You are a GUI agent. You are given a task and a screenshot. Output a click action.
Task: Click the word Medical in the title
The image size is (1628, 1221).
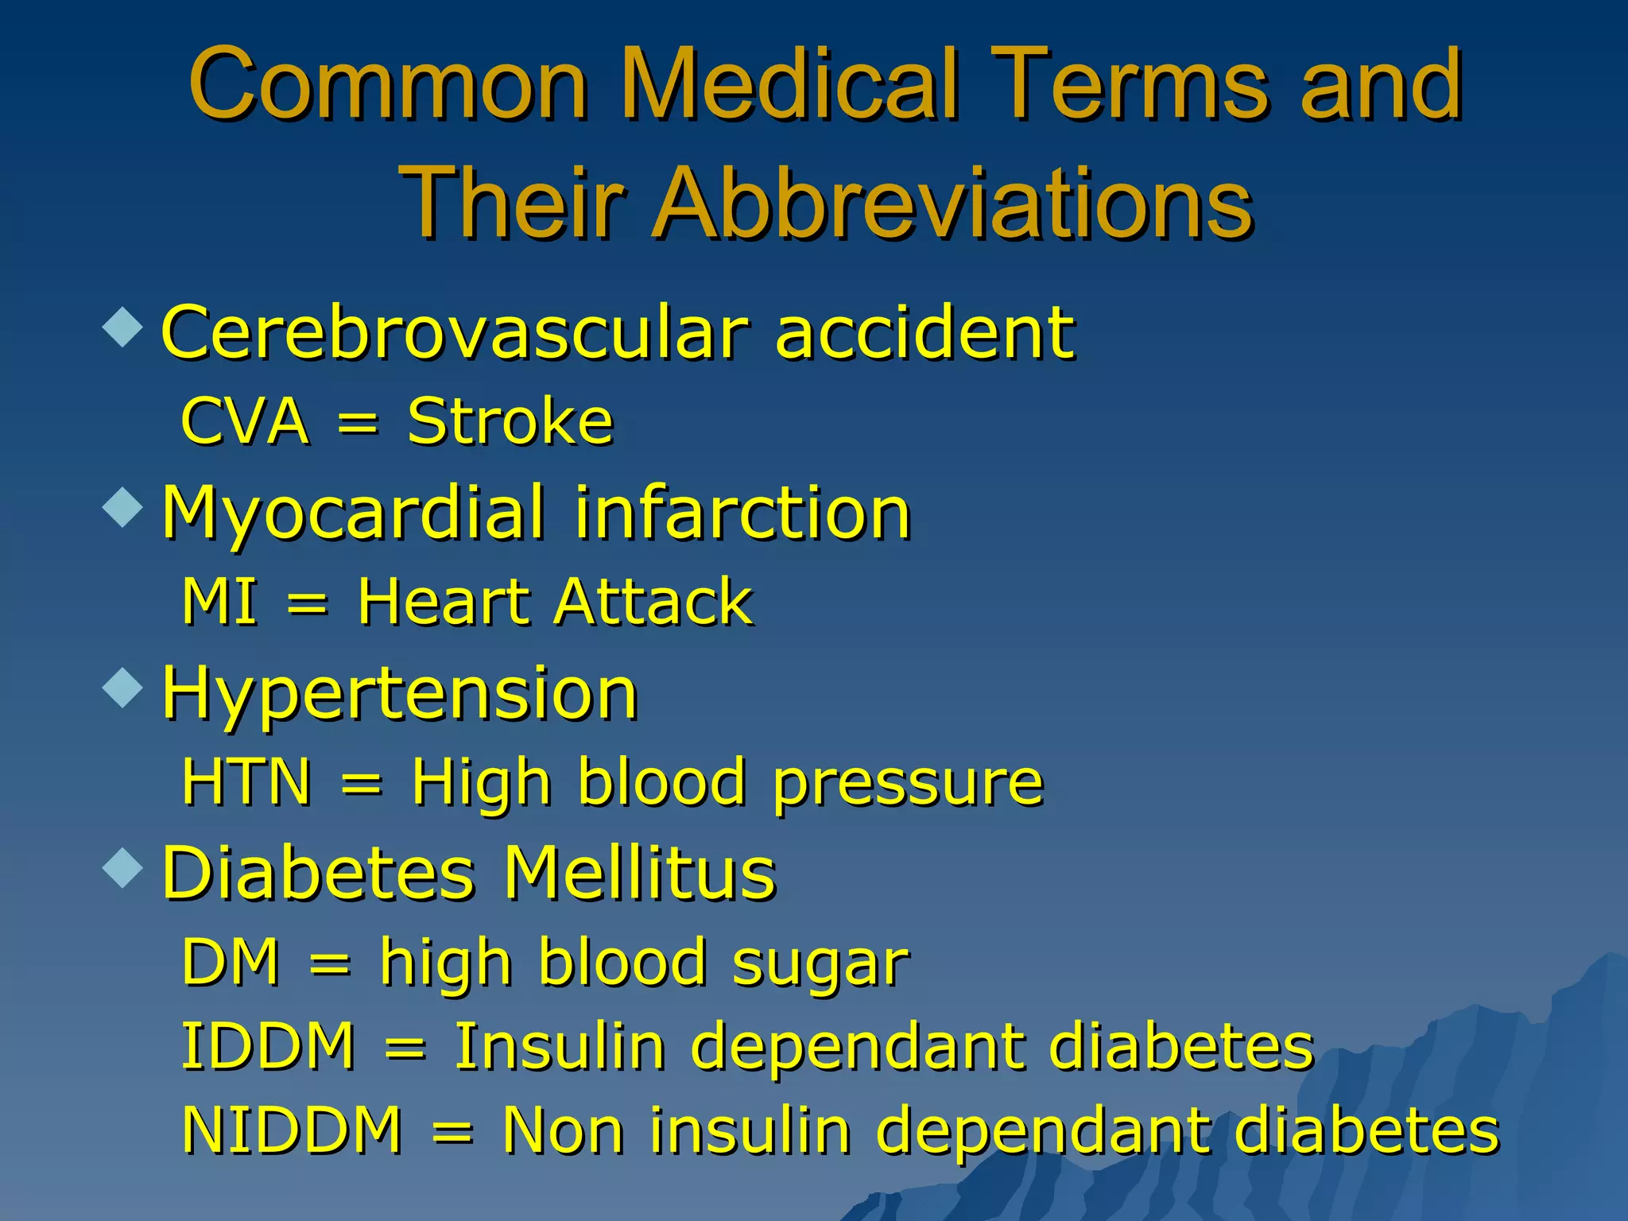[x=795, y=83]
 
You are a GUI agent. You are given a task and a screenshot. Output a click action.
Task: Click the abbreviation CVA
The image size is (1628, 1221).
[x=245, y=421]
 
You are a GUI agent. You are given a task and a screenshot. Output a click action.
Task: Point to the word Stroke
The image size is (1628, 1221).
[x=510, y=421]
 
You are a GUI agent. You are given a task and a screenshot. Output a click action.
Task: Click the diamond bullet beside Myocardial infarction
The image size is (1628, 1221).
[x=123, y=507]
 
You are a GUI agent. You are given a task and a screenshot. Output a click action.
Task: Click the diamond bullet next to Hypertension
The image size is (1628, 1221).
[x=123, y=687]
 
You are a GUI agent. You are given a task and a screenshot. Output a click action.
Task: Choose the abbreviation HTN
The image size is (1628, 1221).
[x=246, y=782]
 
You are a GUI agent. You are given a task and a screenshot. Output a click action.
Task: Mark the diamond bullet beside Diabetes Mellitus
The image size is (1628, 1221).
[x=123, y=867]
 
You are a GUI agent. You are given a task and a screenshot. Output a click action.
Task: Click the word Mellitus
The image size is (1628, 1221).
[x=640, y=873]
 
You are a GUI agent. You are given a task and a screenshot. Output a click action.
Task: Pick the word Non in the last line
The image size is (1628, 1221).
[x=564, y=1130]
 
